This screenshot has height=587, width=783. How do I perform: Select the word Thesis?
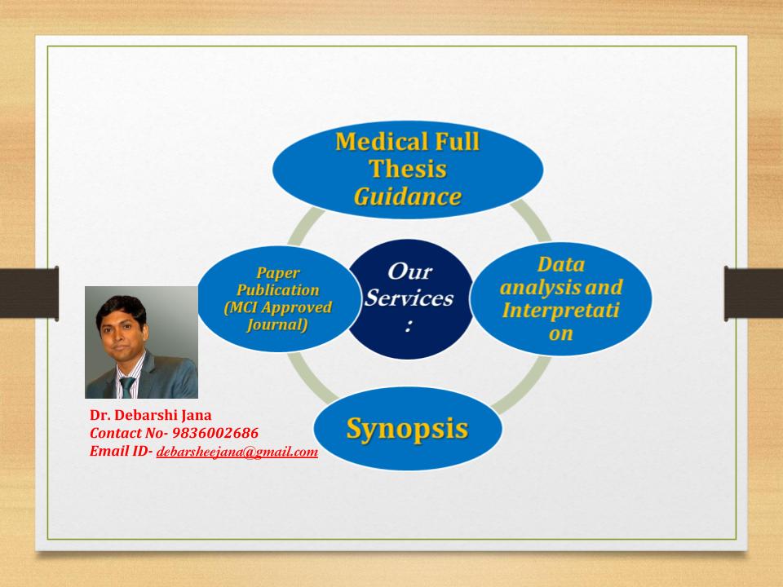point(408,169)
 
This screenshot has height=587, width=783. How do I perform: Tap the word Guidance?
point(408,196)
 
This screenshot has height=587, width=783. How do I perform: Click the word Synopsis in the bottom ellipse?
point(408,429)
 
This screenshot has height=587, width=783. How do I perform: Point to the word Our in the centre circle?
point(409,271)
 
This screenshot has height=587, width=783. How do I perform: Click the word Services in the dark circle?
point(409,298)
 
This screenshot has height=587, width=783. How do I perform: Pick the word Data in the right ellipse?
point(561,264)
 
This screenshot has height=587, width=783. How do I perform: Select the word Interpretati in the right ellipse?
point(561,311)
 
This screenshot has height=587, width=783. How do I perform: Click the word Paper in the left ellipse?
point(278,273)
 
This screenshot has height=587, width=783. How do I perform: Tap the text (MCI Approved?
point(278,307)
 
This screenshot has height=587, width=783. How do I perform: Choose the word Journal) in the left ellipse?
point(277,325)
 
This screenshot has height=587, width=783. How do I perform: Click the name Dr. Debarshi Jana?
point(151,415)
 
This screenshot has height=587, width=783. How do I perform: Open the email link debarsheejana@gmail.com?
point(237,452)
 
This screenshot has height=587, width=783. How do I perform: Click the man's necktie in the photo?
point(127,386)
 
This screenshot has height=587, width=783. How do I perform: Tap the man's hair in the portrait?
point(122,307)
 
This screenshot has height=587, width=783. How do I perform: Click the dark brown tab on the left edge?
point(29,293)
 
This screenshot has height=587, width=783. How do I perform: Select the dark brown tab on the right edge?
point(754,293)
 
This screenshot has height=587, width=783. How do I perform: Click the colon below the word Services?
point(409,325)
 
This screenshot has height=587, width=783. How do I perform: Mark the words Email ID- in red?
point(122,451)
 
